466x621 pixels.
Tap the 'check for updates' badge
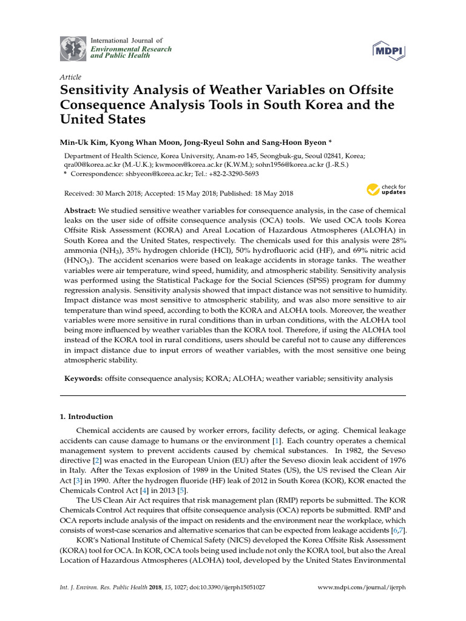point(387,190)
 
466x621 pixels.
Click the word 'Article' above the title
point(71,77)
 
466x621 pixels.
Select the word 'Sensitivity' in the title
point(96,90)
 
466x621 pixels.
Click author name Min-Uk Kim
point(80,143)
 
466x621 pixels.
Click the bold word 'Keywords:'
point(83,378)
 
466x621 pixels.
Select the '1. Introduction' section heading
point(86,417)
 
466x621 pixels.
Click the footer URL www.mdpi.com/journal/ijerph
point(362,588)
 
